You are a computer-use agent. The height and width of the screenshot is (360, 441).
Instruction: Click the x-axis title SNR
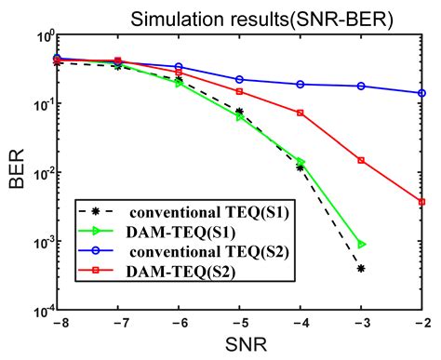pos(239,346)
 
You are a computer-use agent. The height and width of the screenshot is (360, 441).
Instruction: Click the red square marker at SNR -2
pos(421,202)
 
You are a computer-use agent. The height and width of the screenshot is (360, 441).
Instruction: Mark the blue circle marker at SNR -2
pos(421,93)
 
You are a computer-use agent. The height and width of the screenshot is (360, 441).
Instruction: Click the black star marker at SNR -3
pos(361,268)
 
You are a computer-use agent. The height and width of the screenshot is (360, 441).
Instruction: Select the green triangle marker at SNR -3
pos(361,244)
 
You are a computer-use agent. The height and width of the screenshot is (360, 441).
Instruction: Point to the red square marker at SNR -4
pos(301,113)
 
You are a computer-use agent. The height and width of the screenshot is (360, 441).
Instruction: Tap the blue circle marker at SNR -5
pos(239,79)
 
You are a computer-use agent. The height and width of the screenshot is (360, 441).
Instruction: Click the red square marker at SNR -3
pos(361,160)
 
